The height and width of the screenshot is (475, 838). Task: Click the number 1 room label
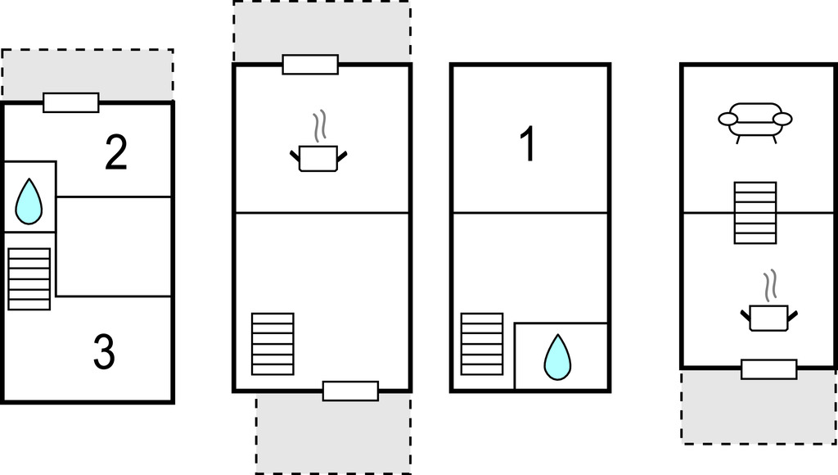pyautogui.click(x=528, y=143)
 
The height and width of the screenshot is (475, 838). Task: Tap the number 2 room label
pyautogui.click(x=116, y=153)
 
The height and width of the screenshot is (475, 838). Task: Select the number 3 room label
pyautogui.click(x=104, y=351)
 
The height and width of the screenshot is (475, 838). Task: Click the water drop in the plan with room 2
pyautogui.click(x=29, y=201)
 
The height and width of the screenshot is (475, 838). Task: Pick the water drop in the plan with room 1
pyautogui.click(x=557, y=357)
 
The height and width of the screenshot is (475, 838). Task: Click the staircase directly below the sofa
pyautogui.click(x=755, y=213)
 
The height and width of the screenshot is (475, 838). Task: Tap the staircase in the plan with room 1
pyautogui.click(x=482, y=344)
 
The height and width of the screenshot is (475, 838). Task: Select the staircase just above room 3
pyautogui.click(x=29, y=278)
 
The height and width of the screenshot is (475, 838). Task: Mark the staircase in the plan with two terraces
pyautogui.click(x=273, y=344)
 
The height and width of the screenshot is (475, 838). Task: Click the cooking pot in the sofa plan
pyautogui.click(x=769, y=317)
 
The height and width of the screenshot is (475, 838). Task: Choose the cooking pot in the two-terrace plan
pyautogui.click(x=318, y=158)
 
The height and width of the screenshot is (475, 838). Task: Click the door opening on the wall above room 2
pyautogui.click(x=71, y=102)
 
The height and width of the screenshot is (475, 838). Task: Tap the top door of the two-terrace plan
pyautogui.click(x=310, y=64)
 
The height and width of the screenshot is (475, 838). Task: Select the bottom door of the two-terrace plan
pyautogui.click(x=350, y=391)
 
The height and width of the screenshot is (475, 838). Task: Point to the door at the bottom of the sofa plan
pyautogui.click(x=769, y=369)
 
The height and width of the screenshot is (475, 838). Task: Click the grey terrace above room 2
pyautogui.click(x=87, y=75)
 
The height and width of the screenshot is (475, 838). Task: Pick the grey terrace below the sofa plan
pyautogui.click(x=759, y=406)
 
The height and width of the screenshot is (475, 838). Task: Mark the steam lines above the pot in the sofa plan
pyautogui.click(x=769, y=285)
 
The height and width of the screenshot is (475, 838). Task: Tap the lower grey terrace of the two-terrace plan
pyautogui.click(x=334, y=432)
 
